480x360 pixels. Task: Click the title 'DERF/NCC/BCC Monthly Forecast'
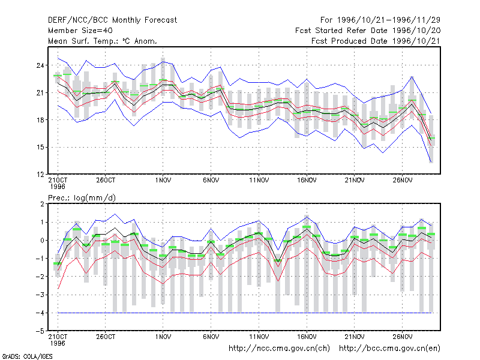112,20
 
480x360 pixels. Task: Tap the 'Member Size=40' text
80,31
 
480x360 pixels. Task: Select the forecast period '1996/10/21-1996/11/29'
388,20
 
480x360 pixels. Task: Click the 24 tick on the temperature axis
40,65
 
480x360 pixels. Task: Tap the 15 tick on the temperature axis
40,147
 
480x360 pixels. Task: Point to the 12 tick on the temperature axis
40,175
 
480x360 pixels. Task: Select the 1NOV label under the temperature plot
163,180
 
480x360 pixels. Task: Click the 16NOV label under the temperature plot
307,180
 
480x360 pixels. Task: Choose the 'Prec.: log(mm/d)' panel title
82,198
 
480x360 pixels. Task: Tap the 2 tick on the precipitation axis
42,204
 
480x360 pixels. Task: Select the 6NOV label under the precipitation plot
211,337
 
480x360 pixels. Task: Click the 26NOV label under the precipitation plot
402,337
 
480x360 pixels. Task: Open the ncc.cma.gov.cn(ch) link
279,349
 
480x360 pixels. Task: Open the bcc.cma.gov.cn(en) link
389,349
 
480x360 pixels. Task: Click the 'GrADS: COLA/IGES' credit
27,356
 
